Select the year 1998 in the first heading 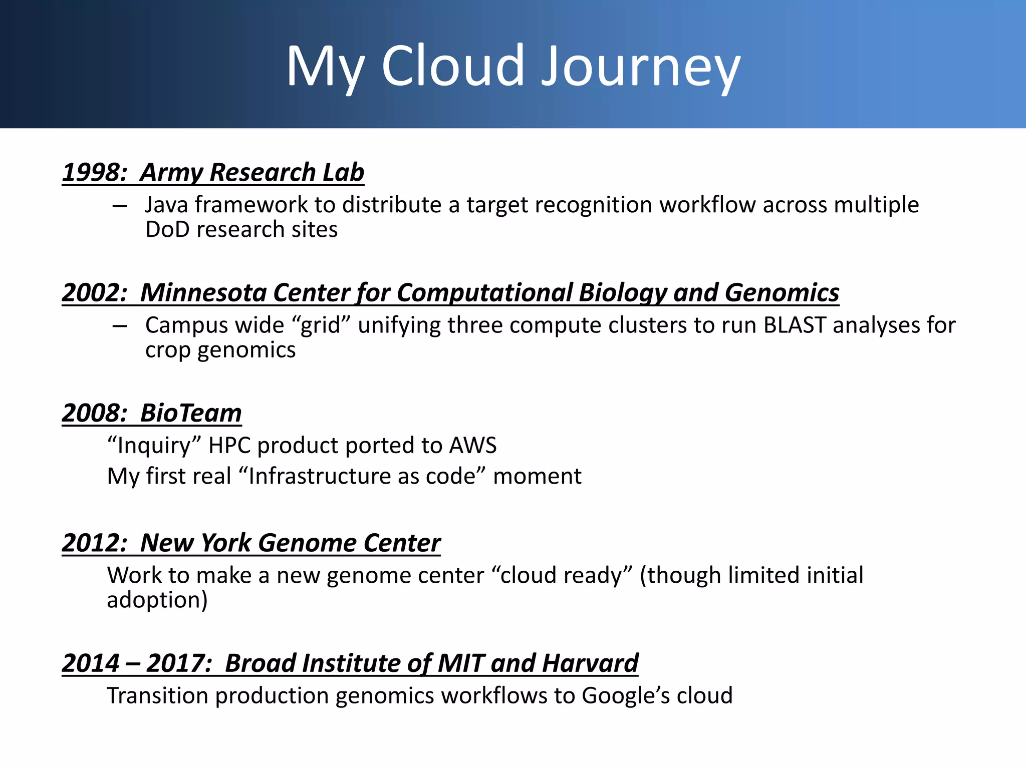(x=93, y=172)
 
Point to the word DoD (x=167, y=229)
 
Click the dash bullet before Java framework (x=120, y=205)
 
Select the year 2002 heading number (x=93, y=292)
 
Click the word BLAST (x=795, y=325)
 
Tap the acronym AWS (x=473, y=445)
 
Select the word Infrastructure (x=320, y=476)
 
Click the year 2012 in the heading (x=93, y=543)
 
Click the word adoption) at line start (x=157, y=600)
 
